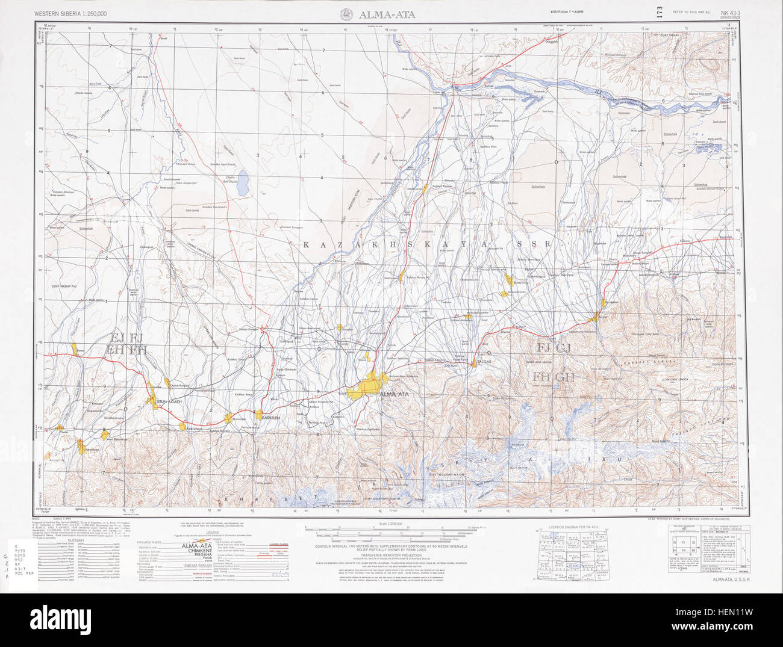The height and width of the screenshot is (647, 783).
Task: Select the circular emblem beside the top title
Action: [347, 14]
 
